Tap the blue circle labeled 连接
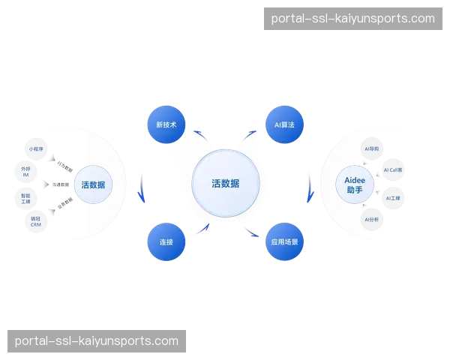point(166,242)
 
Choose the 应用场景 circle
point(286,242)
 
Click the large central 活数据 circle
point(225,183)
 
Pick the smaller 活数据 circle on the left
point(93,184)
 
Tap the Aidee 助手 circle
point(355,184)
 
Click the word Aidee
point(355,179)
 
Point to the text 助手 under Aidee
point(355,190)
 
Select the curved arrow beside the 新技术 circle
point(199,134)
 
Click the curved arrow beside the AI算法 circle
point(250,135)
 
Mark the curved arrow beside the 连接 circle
point(200,229)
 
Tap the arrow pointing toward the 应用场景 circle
point(252,232)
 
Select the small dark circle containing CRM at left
point(35,222)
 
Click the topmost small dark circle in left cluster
point(35,148)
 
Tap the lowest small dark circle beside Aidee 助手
point(372,220)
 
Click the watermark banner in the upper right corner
point(352,18)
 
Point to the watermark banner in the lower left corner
point(96,341)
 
